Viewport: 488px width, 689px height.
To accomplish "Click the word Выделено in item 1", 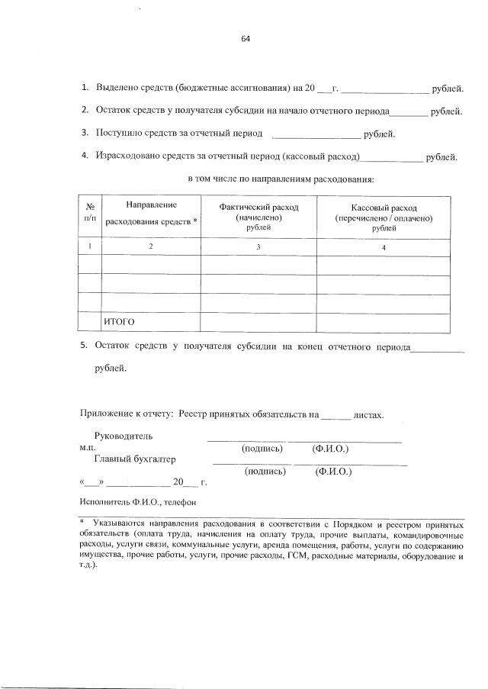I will [x=118, y=89].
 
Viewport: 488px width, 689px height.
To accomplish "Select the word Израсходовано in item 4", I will [x=131, y=157].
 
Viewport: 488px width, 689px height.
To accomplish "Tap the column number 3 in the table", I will [x=258, y=246].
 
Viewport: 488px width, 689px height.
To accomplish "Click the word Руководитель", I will [x=123, y=436].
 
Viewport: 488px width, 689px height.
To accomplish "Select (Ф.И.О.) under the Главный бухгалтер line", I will [x=333, y=472].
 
